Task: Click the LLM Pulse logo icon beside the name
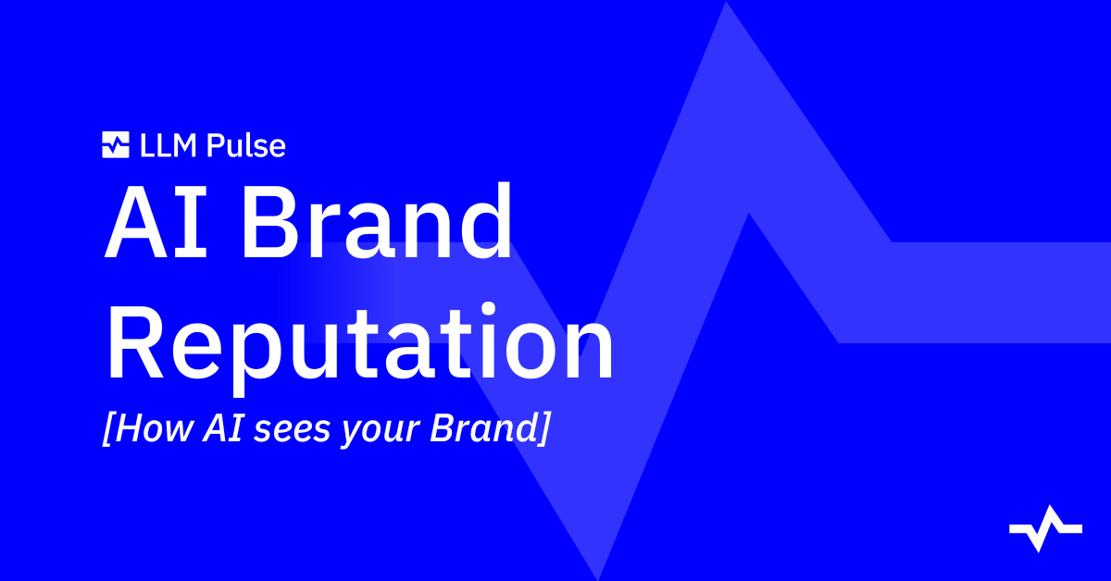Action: pyautogui.click(x=116, y=144)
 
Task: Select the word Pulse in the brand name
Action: pyautogui.click(x=246, y=146)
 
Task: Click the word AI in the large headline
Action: pyautogui.click(x=156, y=221)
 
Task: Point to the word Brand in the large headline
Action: pyautogui.click(x=377, y=221)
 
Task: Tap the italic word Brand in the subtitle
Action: pyautogui.click(x=483, y=427)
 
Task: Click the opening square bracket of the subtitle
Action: pyautogui.click(x=108, y=428)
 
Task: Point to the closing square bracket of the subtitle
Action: pyautogui.click(x=543, y=428)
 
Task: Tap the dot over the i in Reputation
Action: pyautogui.click(x=489, y=308)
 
